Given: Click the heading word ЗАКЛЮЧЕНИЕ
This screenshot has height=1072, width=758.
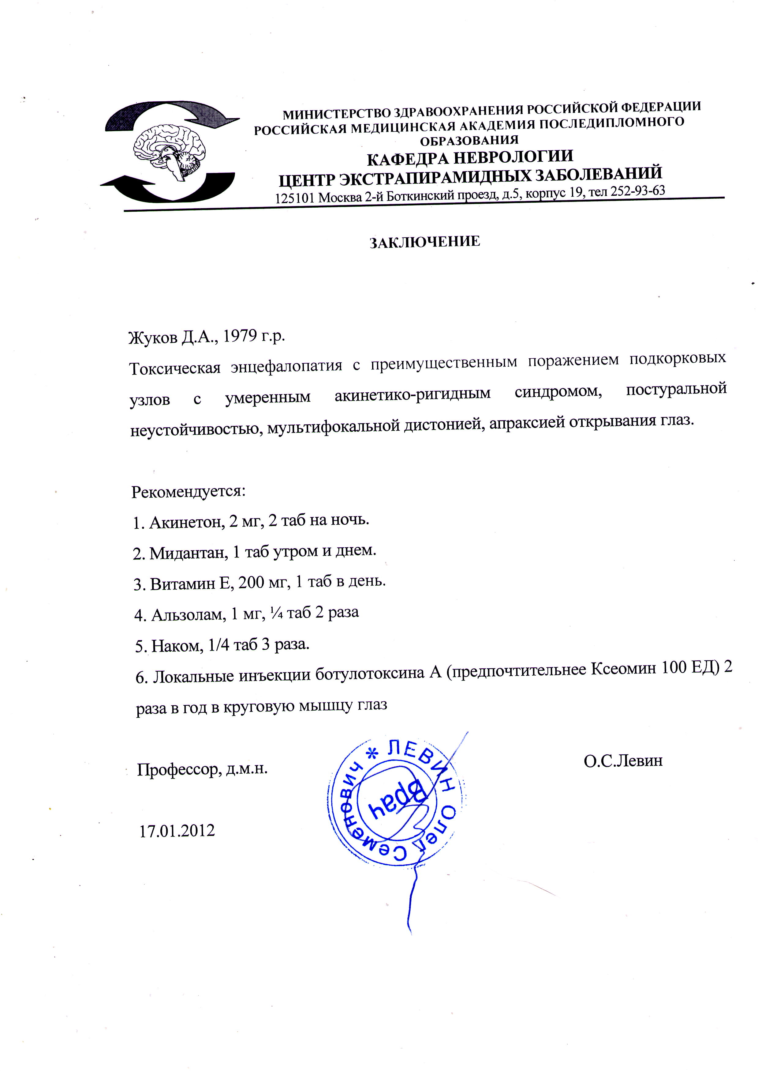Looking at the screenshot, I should point(425,242).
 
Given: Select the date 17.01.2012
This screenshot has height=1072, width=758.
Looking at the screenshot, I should point(177,831).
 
